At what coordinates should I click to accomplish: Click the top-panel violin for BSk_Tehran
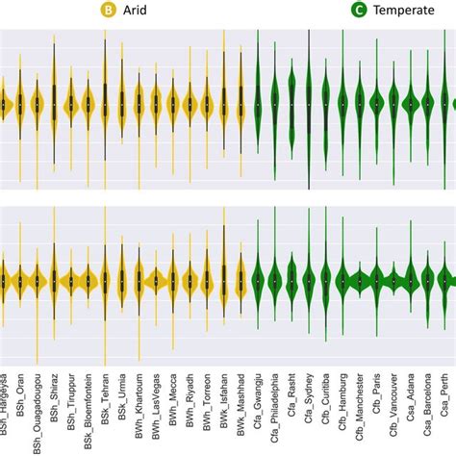(x=105, y=102)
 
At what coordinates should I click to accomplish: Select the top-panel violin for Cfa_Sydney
(x=309, y=102)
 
